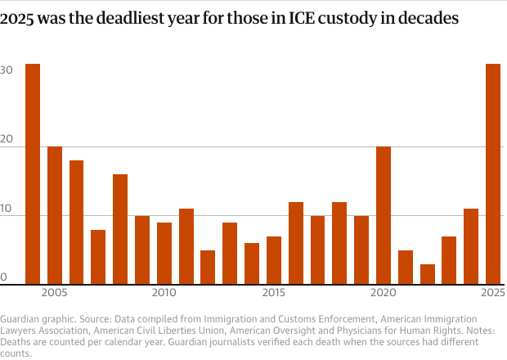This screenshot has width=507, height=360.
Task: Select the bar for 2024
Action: [471, 245]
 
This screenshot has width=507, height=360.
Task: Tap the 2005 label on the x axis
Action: [55, 293]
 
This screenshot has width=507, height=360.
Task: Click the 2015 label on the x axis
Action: [274, 293]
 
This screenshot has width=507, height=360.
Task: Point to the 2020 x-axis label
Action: [384, 293]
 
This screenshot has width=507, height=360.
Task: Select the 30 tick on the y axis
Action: [7, 70]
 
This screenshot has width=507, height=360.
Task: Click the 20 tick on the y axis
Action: [7, 141]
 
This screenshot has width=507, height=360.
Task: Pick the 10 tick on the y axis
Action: [7, 209]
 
